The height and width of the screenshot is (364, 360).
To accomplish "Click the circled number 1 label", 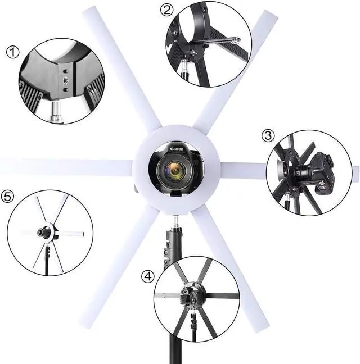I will click(x=12, y=52).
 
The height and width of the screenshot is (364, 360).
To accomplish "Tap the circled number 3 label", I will click(x=268, y=136).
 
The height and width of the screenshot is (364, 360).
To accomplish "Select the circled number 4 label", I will click(x=147, y=276).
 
